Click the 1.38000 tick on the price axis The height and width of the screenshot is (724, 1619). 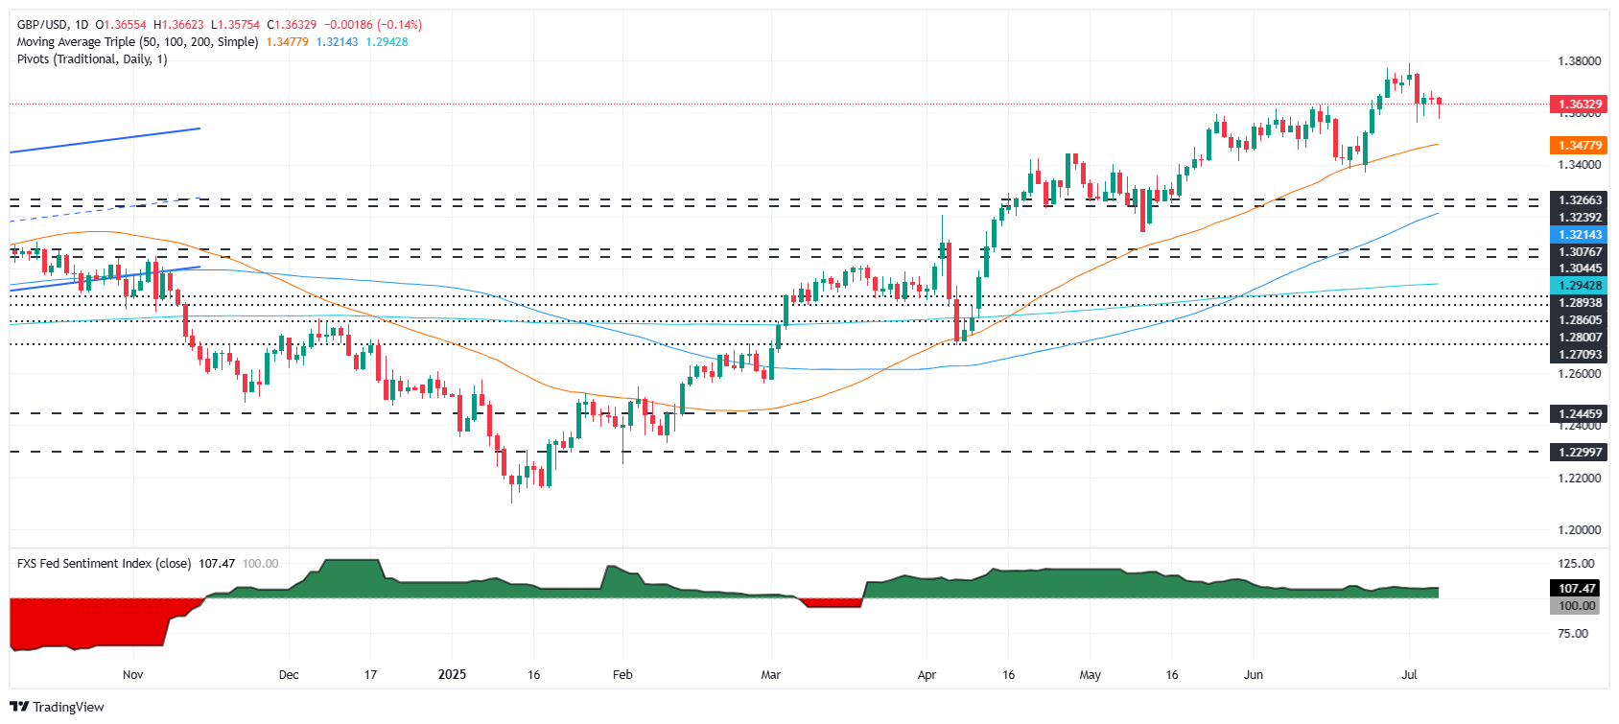tap(1579, 60)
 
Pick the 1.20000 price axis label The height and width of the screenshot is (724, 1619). tap(1579, 529)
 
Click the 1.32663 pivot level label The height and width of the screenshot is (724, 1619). tap(1579, 200)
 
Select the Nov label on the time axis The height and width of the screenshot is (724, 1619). tap(133, 675)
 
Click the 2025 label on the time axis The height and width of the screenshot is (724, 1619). tap(452, 675)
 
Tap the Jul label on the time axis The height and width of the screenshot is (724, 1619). tap(1409, 675)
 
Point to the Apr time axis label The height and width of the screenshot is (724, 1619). tap(927, 675)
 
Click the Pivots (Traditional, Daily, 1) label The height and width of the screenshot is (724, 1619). tap(92, 59)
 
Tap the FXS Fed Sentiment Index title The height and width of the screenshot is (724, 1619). tap(104, 564)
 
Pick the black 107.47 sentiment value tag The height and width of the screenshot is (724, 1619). tap(1576, 589)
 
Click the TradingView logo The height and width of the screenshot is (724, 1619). tap(57, 707)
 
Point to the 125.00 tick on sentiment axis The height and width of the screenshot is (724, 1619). tap(1576, 564)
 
